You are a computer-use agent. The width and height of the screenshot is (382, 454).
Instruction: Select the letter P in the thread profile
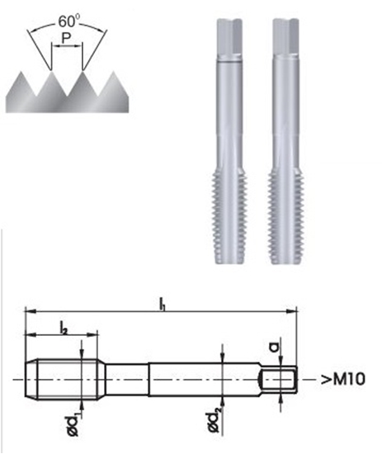click(x=68, y=46)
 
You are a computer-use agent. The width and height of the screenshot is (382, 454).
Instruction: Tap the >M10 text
click(x=343, y=380)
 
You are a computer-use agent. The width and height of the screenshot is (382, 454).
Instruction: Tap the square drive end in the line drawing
click(x=279, y=381)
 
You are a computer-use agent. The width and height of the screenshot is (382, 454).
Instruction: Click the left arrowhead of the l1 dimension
click(x=29, y=311)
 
